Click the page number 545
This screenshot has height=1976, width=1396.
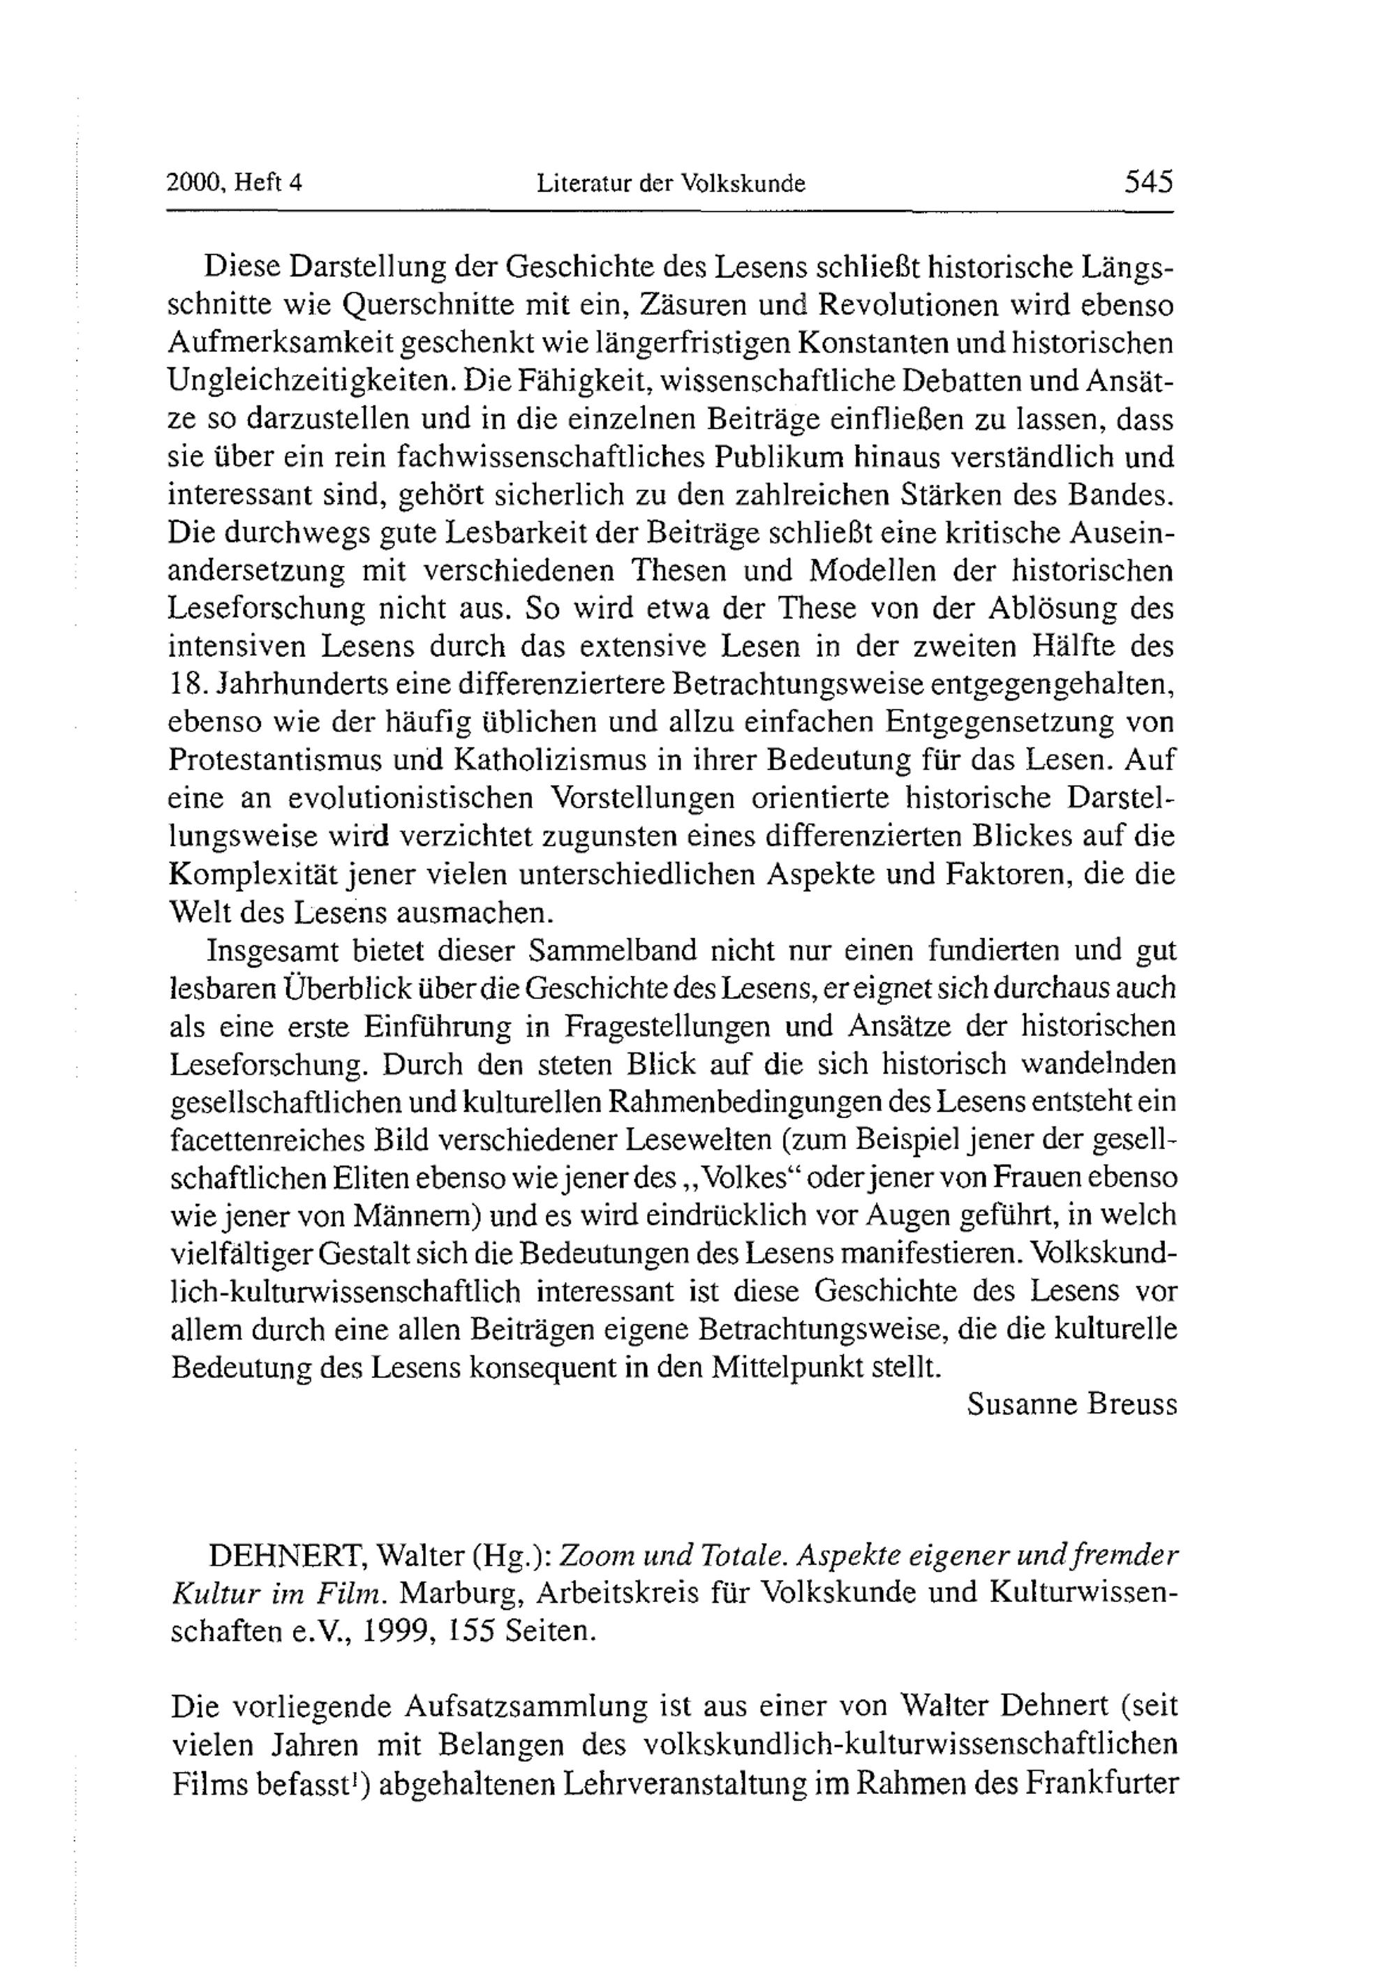click(x=1148, y=182)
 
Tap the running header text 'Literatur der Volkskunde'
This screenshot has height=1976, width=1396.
click(x=671, y=184)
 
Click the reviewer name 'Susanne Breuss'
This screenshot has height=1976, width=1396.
click(x=1071, y=1404)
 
